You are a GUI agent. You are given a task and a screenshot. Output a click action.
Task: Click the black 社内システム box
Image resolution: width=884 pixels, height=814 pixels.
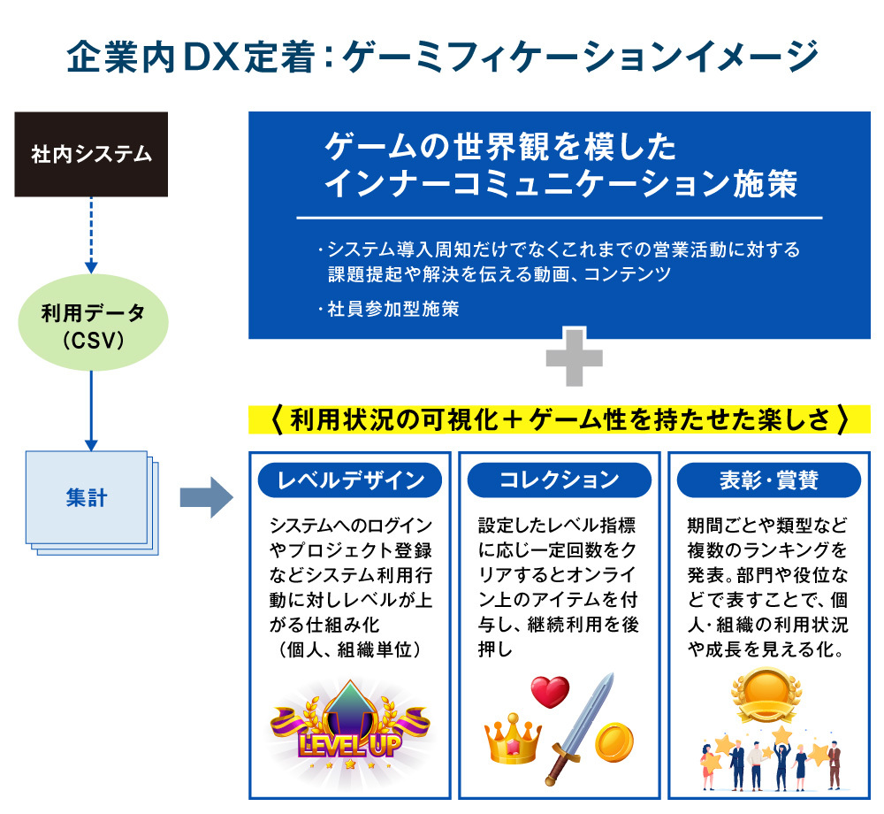[92, 155]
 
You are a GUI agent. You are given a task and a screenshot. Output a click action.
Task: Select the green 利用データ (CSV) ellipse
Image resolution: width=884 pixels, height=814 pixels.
[92, 325]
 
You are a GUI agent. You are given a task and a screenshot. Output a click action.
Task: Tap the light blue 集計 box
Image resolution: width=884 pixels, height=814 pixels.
[87, 498]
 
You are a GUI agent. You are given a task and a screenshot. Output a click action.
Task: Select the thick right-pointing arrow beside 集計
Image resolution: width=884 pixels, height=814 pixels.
[205, 499]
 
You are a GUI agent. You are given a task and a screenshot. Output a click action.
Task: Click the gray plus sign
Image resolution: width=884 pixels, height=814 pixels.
[574, 358]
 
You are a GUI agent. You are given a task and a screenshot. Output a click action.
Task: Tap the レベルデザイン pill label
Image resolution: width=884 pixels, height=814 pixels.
[351, 480]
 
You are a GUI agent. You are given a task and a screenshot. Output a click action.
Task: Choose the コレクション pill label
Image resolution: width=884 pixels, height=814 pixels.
[559, 480]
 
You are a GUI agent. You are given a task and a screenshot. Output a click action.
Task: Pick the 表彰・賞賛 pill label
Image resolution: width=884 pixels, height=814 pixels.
[768, 480]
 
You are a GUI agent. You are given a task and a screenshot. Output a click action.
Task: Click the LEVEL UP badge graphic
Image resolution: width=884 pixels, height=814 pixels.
[350, 726]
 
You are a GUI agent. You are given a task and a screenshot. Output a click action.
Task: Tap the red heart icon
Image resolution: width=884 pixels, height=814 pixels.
[549, 691]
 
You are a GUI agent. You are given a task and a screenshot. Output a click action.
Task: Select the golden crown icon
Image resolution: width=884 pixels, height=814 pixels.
[513, 741]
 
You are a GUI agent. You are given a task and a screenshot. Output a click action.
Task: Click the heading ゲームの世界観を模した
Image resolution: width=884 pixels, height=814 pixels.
[500, 146]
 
